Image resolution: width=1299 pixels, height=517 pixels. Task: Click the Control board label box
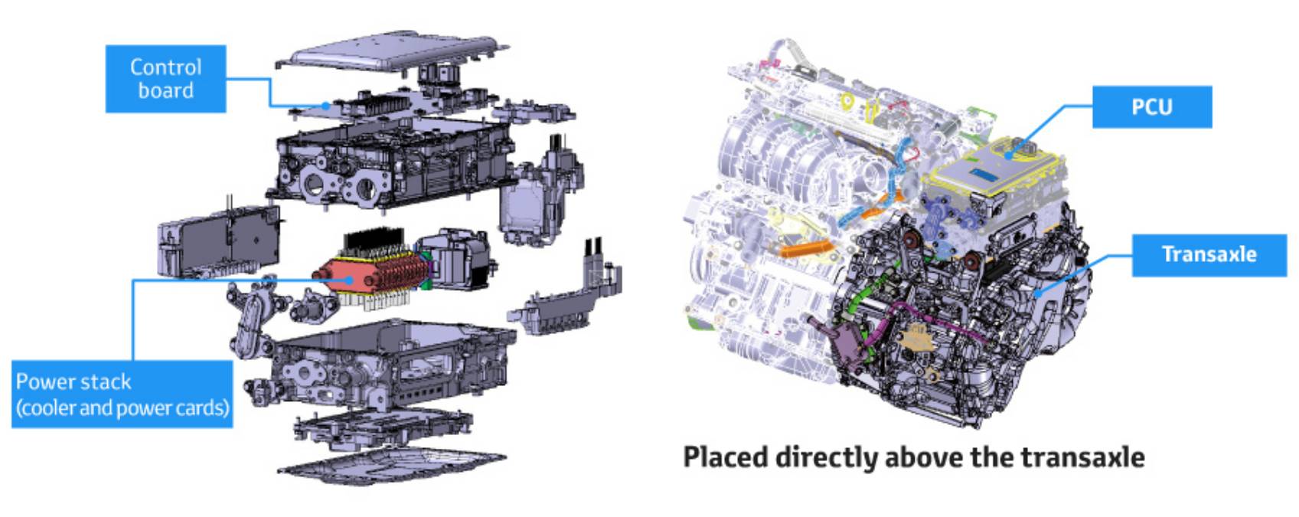(166, 79)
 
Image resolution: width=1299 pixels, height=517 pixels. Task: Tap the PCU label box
(1152, 106)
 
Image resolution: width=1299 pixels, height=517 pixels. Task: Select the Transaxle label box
(1209, 255)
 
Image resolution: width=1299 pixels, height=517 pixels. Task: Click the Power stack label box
(122, 394)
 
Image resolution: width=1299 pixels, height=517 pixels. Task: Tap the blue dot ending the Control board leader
(327, 106)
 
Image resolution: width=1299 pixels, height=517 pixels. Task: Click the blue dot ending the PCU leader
(1009, 155)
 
